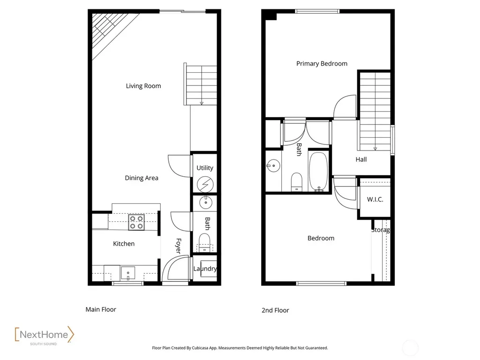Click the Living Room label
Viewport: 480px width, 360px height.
pyautogui.click(x=143, y=86)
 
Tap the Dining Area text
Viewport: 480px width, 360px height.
pyautogui.click(x=142, y=178)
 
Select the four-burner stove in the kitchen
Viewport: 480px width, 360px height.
pyautogui.click(x=136, y=222)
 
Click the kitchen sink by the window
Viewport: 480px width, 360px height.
pyautogui.click(x=128, y=273)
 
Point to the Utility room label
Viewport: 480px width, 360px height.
pyautogui.click(x=205, y=168)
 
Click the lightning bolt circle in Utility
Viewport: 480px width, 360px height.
pyautogui.click(x=205, y=185)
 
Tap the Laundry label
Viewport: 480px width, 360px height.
pyautogui.click(x=205, y=269)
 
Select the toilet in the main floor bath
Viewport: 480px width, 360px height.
pyautogui.click(x=204, y=242)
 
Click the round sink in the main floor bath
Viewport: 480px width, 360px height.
pyautogui.click(x=206, y=202)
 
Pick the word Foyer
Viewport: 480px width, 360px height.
pyautogui.click(x=179, y=246)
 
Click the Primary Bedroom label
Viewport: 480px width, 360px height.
pyautogui.click(x=322, y=64)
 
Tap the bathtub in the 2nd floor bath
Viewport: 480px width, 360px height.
pyautogui.click(x=319, y=172)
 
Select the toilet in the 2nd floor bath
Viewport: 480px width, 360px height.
pyautogui.click(x=296, y=182)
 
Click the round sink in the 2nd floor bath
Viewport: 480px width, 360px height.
pyautogui.click(x=273, y=166)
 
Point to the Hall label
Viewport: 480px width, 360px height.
pyautogui.click(x=361, y=159)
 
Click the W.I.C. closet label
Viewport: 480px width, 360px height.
pyautogui.click(x=375, y=200)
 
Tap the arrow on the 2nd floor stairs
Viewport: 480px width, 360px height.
pyautogui.click(x=375, y=149)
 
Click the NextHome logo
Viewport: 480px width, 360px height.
pyautogui.click(x=45, y=336)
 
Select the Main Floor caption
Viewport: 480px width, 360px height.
pyautogui.click(x=101, y=309)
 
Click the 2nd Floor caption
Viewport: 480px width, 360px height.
pyautogui.click(x=275, y=310)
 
